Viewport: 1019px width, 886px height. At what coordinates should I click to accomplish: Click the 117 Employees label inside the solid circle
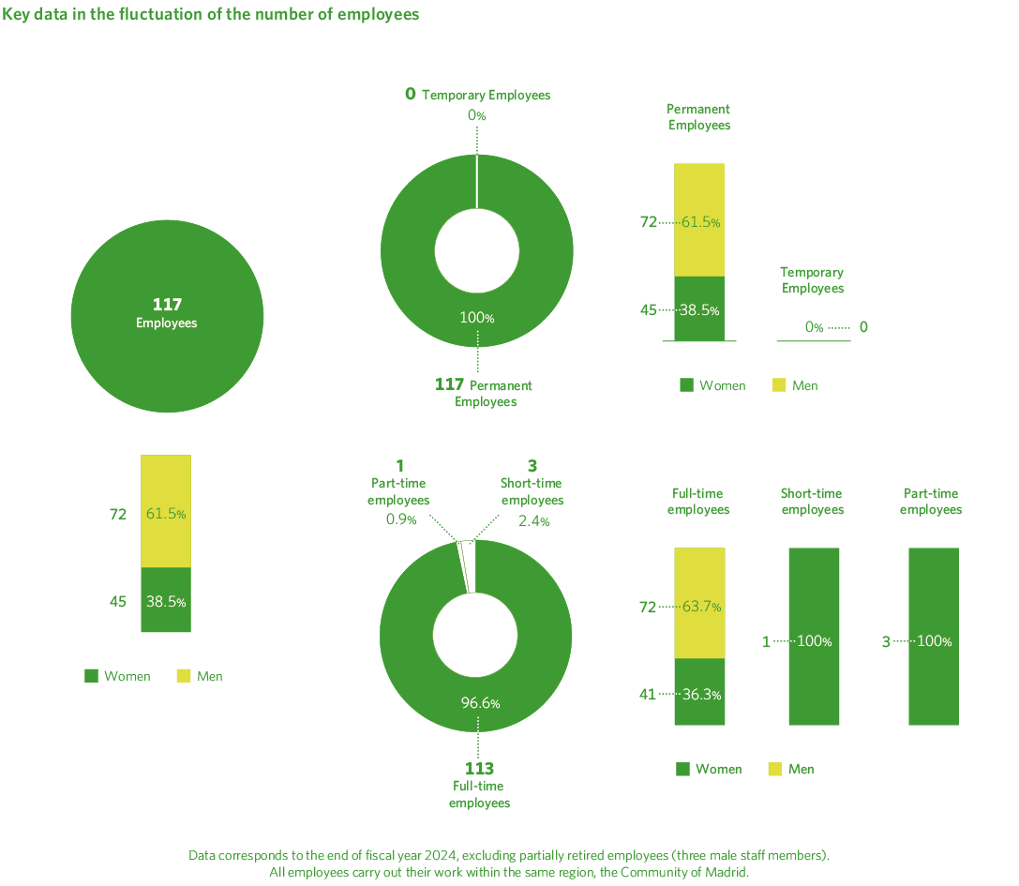tap(167, 313)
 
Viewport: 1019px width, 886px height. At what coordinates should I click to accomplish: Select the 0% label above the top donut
tap(477, 115)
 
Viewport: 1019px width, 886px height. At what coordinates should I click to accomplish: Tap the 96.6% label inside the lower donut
tap(479, 702)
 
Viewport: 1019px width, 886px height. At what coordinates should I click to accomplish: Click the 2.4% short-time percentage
tap(533, 520)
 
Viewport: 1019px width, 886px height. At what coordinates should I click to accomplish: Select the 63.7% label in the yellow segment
tap(701, 607)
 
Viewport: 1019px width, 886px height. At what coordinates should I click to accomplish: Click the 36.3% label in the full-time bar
tap(701, 694)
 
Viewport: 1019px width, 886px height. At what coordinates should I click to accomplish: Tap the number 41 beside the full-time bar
tap(648, 694)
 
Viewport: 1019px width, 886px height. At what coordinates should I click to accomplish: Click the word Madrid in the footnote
tap(727, 872)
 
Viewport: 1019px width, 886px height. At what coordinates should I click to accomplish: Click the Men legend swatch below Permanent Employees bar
tap(778, 385)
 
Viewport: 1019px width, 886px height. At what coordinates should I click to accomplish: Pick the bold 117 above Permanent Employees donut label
tap(450, 384)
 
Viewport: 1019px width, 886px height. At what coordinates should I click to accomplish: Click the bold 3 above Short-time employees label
tap(532, 466)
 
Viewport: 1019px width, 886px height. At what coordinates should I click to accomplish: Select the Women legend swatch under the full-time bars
tap(683, 769)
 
